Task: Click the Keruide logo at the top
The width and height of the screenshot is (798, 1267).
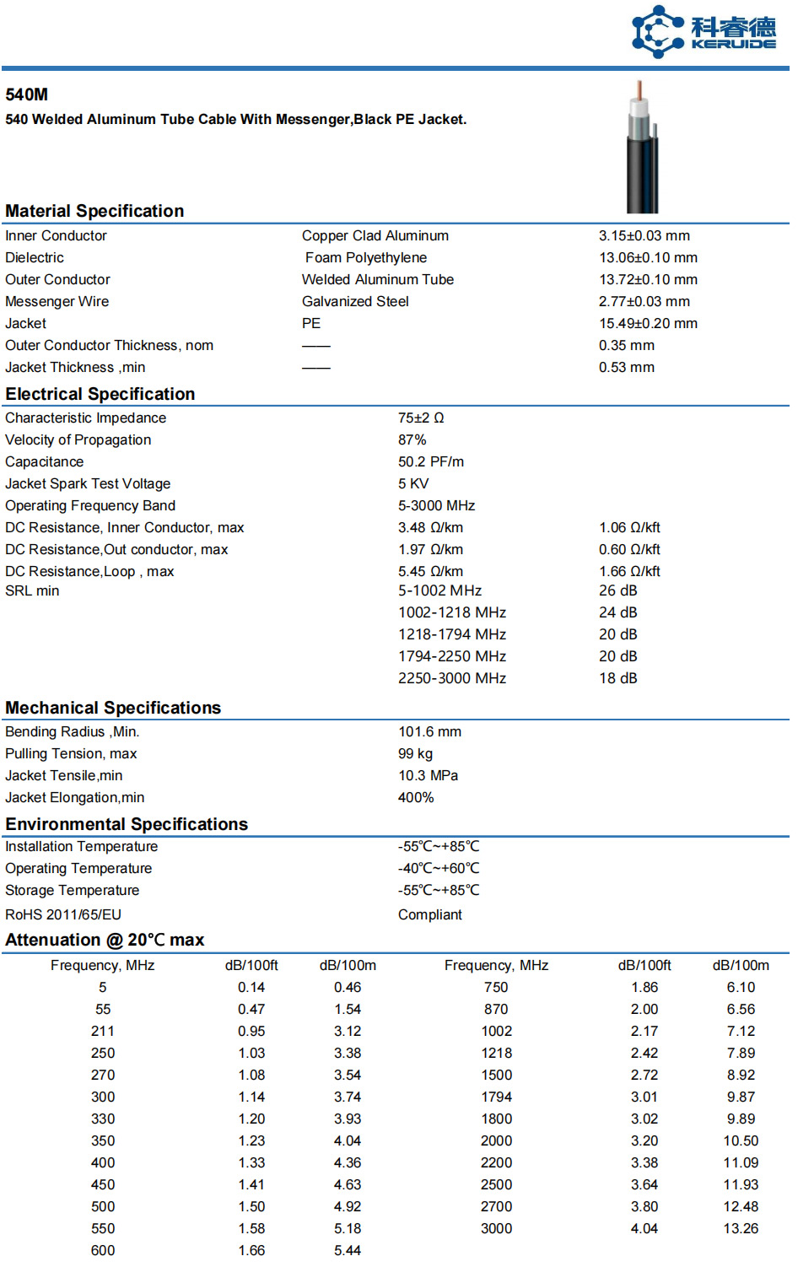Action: (704, 32)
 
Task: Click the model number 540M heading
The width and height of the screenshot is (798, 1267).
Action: (27, 94)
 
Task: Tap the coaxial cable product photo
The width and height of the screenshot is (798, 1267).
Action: (642, 148)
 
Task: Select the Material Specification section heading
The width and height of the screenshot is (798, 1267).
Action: (94, 211)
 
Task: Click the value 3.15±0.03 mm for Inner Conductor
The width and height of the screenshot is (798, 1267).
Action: (644, 236)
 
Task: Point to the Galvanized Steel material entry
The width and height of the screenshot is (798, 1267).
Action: (355, 302)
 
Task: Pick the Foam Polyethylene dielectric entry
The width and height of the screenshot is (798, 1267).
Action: (365, 258)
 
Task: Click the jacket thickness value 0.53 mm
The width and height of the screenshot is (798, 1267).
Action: (626, 368)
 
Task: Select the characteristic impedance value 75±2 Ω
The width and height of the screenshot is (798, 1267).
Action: (421, 418)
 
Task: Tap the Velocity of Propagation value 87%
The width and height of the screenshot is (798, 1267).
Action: (412, 440)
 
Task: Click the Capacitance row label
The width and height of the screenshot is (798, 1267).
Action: (45, 462)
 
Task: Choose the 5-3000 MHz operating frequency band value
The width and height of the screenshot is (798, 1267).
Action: (436, 506)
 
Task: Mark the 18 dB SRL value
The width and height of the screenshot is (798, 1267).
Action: (617, 679)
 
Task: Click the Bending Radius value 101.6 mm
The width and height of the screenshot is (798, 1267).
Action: (429, 732)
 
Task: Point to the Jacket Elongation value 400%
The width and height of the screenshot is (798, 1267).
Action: (416, 798)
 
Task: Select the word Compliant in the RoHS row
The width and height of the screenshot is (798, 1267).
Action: (429, 915)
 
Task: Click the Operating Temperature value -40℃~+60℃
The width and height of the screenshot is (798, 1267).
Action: (439, 869)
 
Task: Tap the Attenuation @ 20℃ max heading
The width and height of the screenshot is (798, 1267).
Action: (105, 941)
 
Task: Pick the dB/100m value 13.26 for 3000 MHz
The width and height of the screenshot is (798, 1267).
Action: (740, 1229)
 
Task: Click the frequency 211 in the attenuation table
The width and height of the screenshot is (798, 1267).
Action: (103, 1032)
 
